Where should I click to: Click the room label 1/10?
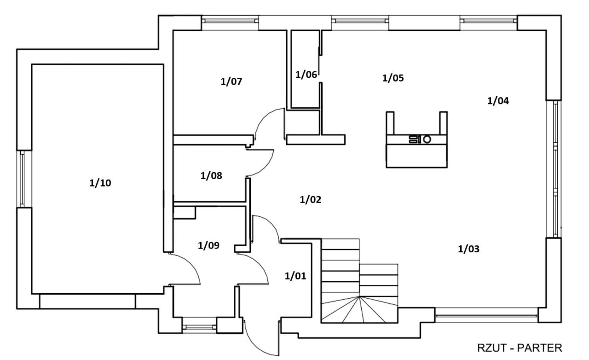pyautogui.click(x=100, y=183)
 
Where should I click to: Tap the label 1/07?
pyautogui.click(x=231, y=81)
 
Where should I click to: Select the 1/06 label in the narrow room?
pyautogui.click(x=306, y=75)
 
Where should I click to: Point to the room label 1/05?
pyautogui.click(x=393, y=78)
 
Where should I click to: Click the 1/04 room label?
pyautogui.click(x=498, y=101)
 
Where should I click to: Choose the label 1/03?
pyautogui.click(x=468, y=249)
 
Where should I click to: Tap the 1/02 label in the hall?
pyautogui.click(x=311, y=200)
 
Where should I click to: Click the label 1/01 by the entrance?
pyautogui.click(x=295, y=276)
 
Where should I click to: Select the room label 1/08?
pyautogui.click(x=211, y=176)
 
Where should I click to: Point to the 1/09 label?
pyautogui.click(x=208, y=245)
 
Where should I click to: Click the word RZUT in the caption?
pyautogui.click(x=491, y=348)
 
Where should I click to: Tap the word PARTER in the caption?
pyautogui.click(x=540, y=348)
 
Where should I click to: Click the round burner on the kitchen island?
pyautogui.click(x=427, y=139)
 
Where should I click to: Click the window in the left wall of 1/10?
pyautogui.click(x=23, y=179)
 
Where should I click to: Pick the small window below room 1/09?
pyautogui.click(x=199, y=327)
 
